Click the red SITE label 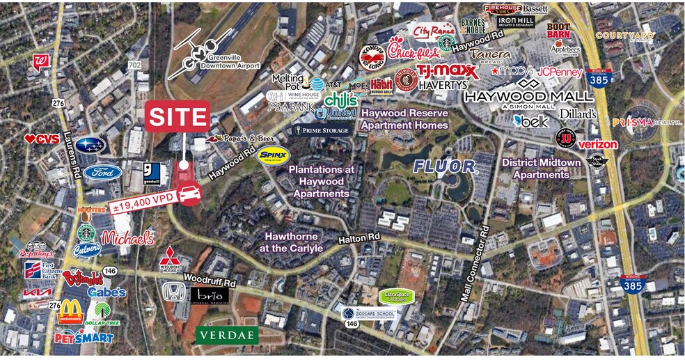point(177,116)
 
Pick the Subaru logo point(90,146)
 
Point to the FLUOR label point(445,166)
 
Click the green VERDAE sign point(227,335)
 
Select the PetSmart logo point(84,338)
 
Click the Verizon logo point(597,144)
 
